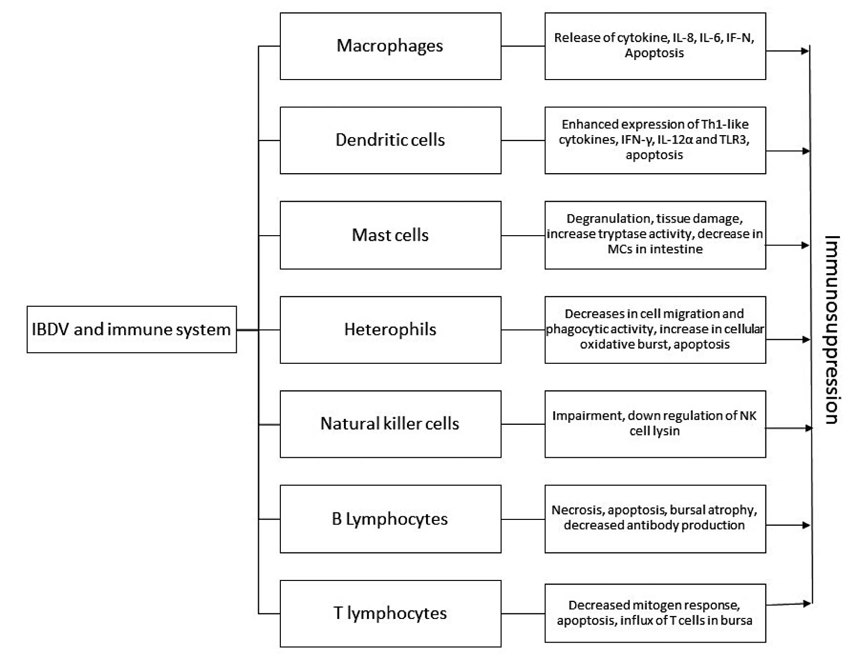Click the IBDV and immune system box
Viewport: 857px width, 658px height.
click(131, 329)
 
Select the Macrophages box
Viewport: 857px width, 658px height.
click(390, 46)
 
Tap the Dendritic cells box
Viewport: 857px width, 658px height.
click(390, 140)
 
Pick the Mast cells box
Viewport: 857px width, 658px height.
click(390, 235)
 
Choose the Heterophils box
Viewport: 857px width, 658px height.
click(390, 329)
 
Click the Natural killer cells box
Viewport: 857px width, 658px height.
click(390, 424)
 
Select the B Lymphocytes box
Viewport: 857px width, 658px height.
click(390, 519)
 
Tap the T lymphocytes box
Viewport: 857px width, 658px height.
click(390, 613)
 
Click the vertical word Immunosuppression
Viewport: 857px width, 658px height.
click(831, 330)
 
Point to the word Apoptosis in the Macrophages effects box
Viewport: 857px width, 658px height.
click(654, 53)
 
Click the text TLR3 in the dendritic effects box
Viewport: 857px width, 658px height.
click(734, 140)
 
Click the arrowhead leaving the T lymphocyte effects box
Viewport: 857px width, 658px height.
click(806, 604)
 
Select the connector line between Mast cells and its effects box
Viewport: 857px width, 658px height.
click(523, 236)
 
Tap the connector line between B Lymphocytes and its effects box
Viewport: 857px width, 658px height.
click(523, 519)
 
